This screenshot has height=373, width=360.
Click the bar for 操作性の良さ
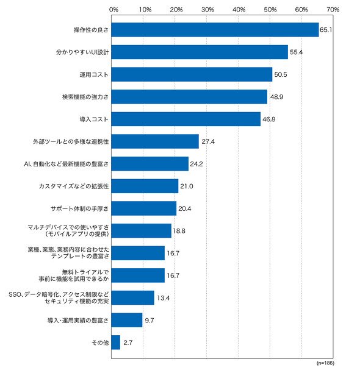[215, 30]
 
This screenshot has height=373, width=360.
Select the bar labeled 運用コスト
[192, 74]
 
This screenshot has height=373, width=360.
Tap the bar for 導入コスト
[186, 119]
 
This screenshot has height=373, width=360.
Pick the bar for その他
[116, 343]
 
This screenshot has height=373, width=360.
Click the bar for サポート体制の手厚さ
[144, 208]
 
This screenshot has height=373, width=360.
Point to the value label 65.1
[326, 30]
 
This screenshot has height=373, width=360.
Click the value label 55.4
[296, 52]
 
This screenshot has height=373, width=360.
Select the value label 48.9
[276, 97]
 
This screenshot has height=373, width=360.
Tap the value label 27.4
[208, 142]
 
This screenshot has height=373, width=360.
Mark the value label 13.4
[164, 298]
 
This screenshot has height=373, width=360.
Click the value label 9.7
[149, 321]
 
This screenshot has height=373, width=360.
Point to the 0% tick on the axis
[114, 10]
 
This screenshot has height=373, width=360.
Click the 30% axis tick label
[207, 10]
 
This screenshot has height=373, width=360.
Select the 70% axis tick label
[333, 10]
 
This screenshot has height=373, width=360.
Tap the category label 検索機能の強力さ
[85, 97]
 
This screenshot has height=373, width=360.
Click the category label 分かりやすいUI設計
[82, 52]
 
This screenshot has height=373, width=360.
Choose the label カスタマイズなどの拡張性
[74, 187]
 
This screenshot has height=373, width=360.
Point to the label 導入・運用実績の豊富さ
[78, 321]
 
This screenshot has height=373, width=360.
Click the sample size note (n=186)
[325, 363]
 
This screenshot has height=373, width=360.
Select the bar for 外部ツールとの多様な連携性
[155, 141]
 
